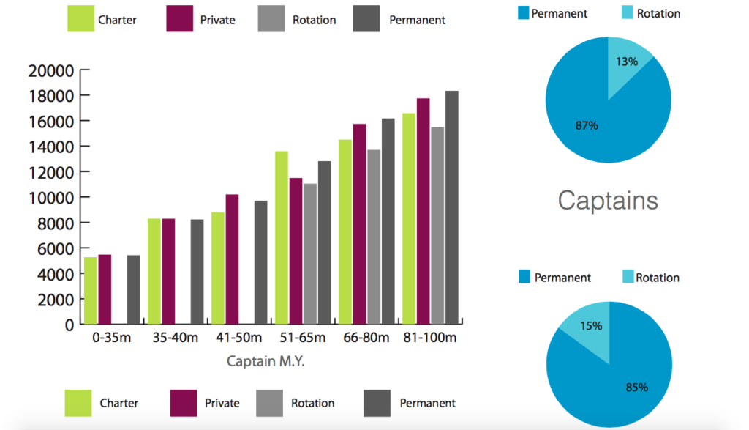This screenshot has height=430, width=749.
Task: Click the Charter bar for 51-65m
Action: [282, 237]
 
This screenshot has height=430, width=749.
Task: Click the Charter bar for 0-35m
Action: [91, 290]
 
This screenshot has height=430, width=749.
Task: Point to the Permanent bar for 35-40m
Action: [197, 271]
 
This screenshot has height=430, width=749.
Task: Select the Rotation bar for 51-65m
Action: [310, 253]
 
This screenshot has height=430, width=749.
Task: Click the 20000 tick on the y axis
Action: [51, 71]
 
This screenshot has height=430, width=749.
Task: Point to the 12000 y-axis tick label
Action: [51, 172]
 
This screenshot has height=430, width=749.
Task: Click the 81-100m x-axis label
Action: [430, 338]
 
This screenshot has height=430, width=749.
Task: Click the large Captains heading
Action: [608, 200]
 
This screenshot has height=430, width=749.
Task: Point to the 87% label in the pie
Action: [587, 125]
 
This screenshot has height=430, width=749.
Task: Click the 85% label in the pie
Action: [636, 388]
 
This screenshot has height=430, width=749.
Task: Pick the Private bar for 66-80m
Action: [359, 224]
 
